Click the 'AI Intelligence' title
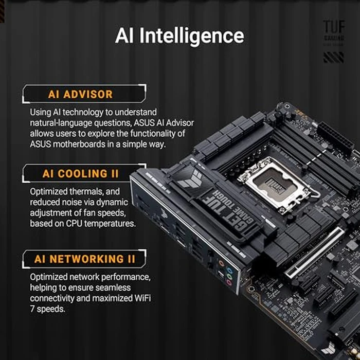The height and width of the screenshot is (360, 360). coord(179,36)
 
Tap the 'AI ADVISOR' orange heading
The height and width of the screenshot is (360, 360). coord(80,94)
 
